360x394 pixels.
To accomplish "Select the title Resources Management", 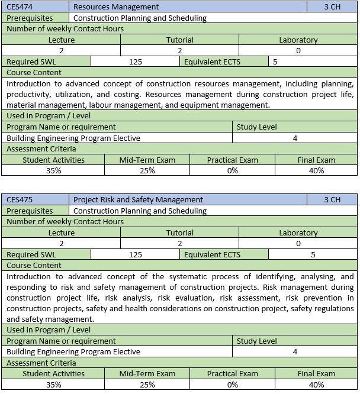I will click(116, 7).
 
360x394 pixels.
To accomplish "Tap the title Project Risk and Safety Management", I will click(138, 200).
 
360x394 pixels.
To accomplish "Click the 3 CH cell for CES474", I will click(332, 7).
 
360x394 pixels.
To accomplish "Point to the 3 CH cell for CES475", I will click(332, 200).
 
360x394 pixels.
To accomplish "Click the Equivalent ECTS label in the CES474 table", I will click(213, 62).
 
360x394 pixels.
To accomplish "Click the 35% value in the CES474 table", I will click(53, 170).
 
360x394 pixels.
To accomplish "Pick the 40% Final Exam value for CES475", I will click(316, 385).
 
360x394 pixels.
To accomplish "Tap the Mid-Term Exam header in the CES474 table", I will click(147, 160).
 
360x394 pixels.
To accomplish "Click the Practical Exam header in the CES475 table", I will click(232, 374).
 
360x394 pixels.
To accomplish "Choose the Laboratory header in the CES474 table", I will click(298, 40).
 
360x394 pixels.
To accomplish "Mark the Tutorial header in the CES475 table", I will click(180, 233).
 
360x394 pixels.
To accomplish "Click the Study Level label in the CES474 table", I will click(256, 127).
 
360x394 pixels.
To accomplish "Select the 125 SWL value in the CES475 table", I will click(135, 254).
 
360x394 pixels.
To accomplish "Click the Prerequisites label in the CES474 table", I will click(30, 18).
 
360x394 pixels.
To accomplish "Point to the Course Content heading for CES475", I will click(34, 266).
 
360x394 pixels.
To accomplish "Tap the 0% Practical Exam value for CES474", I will click(232, 170).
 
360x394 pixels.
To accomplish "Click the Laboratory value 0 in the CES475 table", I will click(298, 244).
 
